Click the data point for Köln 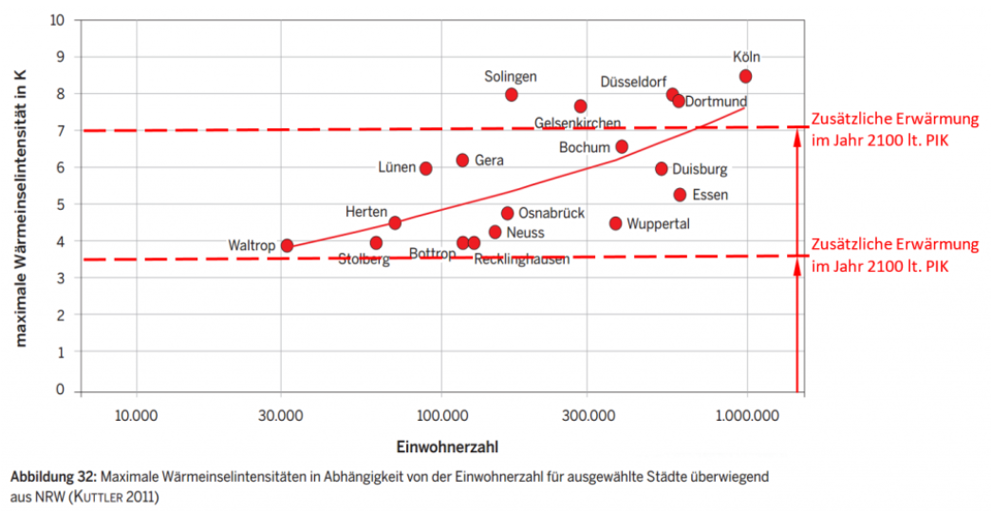pos(745,76)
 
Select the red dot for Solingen pos(511,94)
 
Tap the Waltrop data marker pos(287,245)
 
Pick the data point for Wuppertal pos(615,223)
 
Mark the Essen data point pos(680,195)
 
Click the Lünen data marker pos(426,168)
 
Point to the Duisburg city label pos(700,170)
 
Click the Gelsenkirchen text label pos(577,124)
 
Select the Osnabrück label pos(552,214)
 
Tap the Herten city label pos(365,211)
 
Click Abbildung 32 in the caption pos(51,476)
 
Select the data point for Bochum pos(622,146)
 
